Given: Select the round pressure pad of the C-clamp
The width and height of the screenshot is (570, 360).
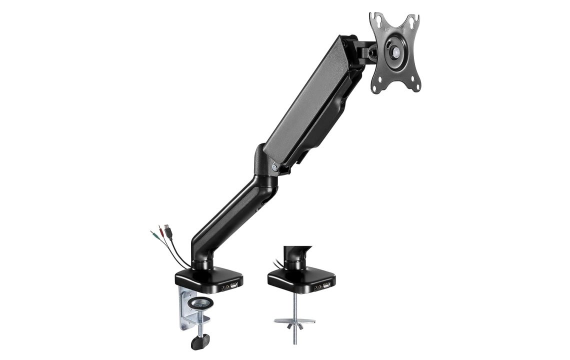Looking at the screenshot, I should click(197, 303).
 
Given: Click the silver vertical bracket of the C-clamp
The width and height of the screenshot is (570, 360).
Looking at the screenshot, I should click(183, 310).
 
